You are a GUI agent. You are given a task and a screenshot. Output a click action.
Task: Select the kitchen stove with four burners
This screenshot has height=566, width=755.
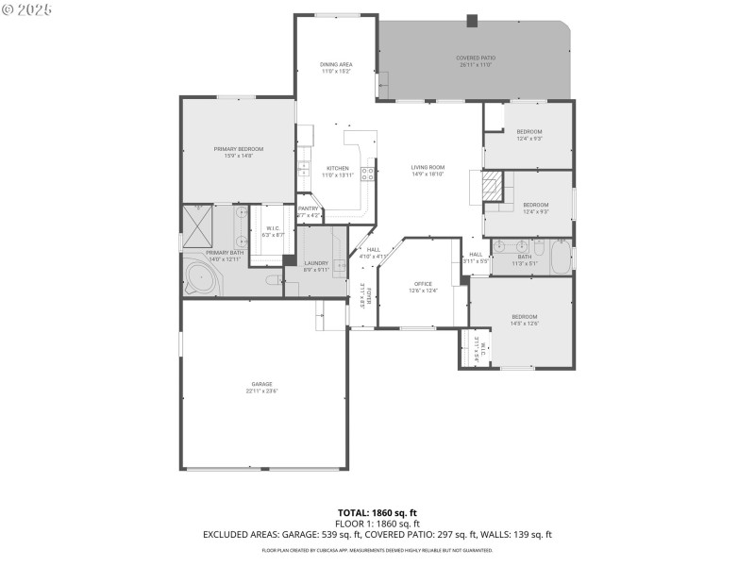(x=368, y=174)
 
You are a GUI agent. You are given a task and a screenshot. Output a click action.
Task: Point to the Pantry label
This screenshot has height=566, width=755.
(x=309, y=208)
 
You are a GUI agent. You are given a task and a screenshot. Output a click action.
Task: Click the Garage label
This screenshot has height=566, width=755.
(x=261, y=384)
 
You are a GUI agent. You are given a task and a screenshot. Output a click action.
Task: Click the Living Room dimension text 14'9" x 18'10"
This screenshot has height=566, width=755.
(x=428, y=175)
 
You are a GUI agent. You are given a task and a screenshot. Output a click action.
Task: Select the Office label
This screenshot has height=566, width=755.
(x=423, y=283)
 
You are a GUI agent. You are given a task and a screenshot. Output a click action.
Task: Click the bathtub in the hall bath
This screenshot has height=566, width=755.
(x=560, y=257)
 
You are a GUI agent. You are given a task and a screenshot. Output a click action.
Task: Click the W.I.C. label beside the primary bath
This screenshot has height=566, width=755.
(x=272, y=227)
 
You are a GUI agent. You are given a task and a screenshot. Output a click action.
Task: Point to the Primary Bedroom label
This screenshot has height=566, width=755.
(x=238, y=149)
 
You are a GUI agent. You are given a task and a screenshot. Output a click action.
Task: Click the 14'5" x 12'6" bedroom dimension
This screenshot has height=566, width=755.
(x=525, y=324)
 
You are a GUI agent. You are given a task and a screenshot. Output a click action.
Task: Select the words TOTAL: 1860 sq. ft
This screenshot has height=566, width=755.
(x=377, y=513)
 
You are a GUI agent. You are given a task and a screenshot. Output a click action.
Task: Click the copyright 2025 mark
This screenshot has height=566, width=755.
(x=27, y=8)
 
